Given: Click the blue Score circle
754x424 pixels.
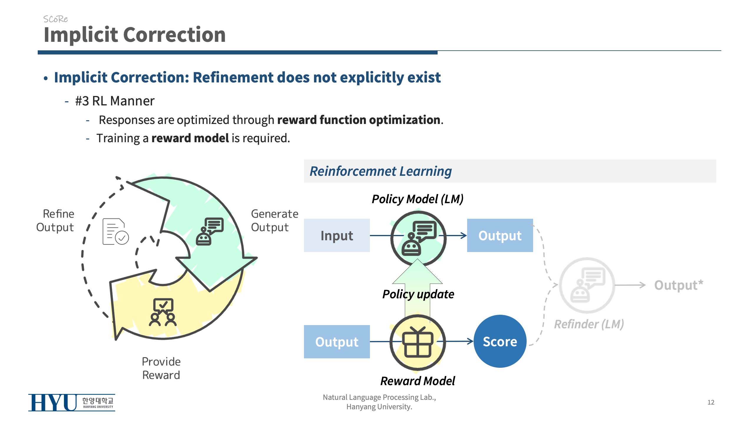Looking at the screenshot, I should (500, 341).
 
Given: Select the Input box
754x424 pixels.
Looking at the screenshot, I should (337, 235).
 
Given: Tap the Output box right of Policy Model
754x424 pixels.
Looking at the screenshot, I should (500, 235).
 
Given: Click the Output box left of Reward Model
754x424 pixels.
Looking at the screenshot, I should (337, 342).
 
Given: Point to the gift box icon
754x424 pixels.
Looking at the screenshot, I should (418, 342).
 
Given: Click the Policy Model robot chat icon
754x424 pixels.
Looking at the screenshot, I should (418, 238).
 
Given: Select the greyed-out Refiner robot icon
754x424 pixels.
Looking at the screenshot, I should (587, 285).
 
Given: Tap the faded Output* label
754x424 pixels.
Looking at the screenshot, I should (678, 285).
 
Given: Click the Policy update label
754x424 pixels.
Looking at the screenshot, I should (418, 294).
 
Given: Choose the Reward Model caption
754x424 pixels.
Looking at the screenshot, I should (418, 381).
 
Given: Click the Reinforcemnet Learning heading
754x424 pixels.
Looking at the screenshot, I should (381, 171).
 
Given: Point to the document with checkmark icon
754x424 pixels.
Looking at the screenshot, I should (115, 232).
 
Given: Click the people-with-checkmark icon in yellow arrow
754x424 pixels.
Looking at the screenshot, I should (163, 312).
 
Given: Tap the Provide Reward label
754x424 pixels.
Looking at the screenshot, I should (161, 368).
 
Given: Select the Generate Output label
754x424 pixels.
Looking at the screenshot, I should (274, 220).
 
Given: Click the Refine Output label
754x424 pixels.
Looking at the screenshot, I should (55, 220).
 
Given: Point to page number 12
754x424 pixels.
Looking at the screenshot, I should (711, 402).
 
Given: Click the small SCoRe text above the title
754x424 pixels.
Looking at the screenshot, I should (55, 19).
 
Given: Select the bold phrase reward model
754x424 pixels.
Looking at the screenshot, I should (190, 138).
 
